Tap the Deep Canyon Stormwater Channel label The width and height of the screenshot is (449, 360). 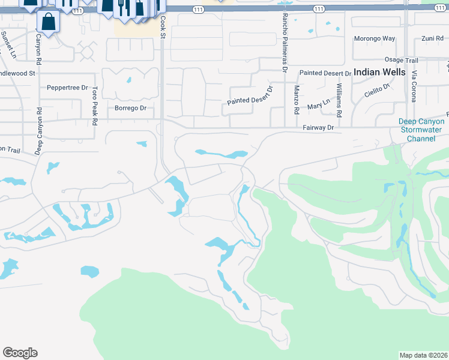pyautogui.click(x=423, y=130)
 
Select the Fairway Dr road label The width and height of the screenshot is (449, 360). pyautogui.click(x=318, y=128)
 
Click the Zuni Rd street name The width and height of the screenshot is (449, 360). pyautogui.click(x=432, y=38)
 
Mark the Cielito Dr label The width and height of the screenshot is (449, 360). pyautogui.click(x=377, y=91)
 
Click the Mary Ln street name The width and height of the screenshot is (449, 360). pyautogui.click(x=318, y=104)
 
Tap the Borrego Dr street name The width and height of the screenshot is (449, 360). pyautogui.click(x=130, y=108)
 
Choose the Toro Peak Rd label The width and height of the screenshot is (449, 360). pyautogui.click(x=95, y=106)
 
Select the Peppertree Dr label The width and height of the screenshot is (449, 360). pyautogui.click(x=67, y=87)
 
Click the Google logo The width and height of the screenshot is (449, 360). pyautogui.click(x=20, y=353)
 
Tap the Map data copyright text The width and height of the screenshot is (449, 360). pyautogui.click(x=423, y=355)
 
